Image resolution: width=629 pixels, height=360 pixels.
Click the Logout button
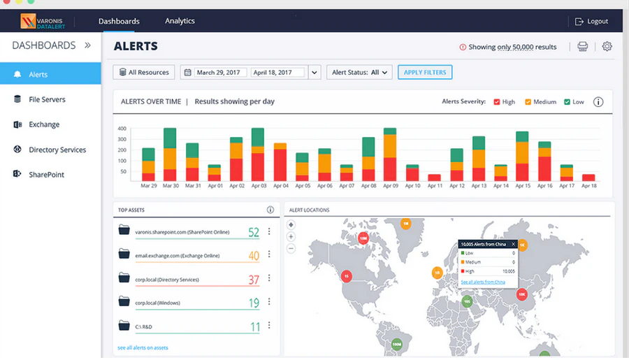[x=591, y=22]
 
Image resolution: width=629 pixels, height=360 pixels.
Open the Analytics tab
[x=180, y=21]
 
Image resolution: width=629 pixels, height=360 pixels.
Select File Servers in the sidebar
[x=47, y=99]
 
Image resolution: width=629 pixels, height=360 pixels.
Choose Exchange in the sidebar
[x=44, y=124]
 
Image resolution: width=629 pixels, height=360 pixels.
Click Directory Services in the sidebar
[x=57, y=150]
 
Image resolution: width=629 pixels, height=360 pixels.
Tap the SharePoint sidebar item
[x=46, y=175]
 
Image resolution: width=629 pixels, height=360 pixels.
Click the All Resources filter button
[x=144, y=72]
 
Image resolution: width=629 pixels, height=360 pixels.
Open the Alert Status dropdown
[x=359, y=72]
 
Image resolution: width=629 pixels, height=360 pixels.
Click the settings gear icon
[x=607, y=47]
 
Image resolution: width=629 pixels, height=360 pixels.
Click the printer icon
[x=583, y=47]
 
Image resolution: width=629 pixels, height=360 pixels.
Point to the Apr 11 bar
[x=434, y=178]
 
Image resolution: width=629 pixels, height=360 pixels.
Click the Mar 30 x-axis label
[x=170, y=187]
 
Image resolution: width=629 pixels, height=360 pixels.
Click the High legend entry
[x=504, y=102]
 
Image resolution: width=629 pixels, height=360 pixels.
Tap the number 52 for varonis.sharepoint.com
[x=253, y=232]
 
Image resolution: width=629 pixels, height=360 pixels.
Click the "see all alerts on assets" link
[x=143, y=347]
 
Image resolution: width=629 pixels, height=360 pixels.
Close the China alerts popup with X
[x=513, y=244]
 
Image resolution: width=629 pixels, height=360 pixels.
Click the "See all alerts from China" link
[x=483, y=282]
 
